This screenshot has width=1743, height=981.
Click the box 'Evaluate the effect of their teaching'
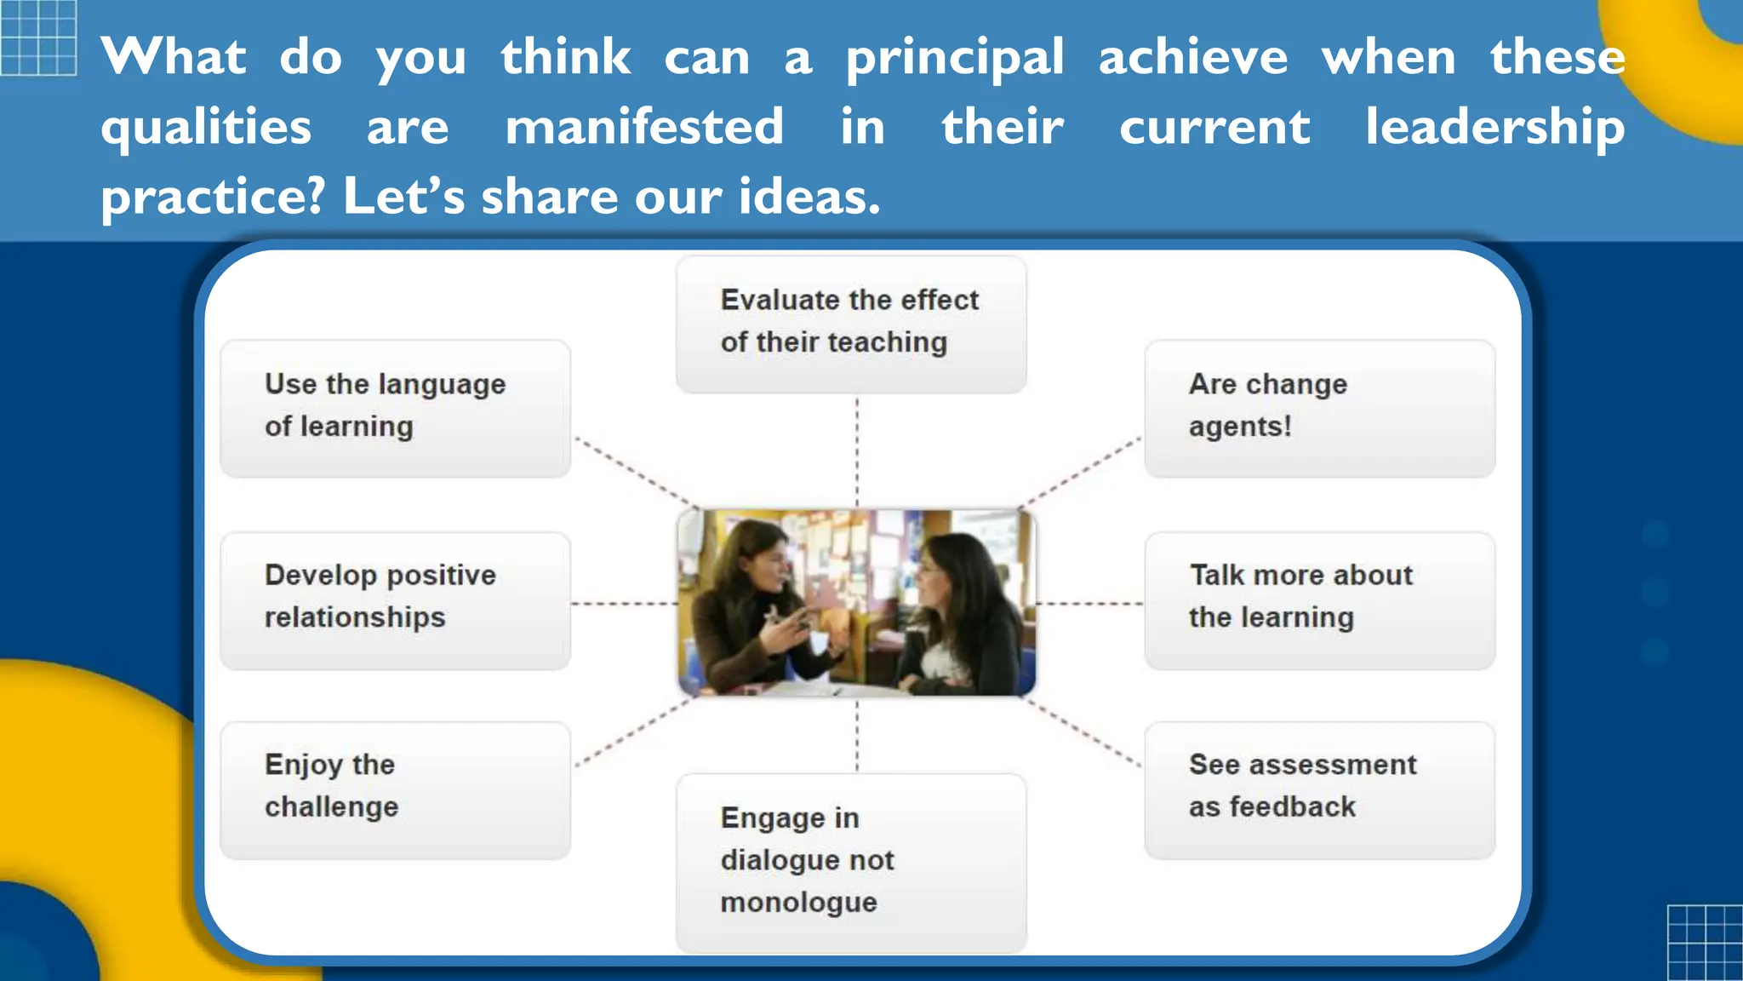tap(851, 324)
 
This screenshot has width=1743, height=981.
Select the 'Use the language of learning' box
tap(395, 408)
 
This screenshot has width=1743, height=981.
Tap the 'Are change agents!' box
tap(1319, 408)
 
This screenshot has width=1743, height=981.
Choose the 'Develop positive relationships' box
tap(395, 599)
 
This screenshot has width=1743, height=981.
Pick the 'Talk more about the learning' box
tap(1319, 599)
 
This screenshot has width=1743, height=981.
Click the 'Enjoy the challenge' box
tap(395, 789)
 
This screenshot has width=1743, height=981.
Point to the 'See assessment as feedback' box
tap(1319, 789)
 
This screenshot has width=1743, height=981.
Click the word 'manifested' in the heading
tap(644, 128)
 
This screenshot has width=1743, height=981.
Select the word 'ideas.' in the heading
tap(809, 197)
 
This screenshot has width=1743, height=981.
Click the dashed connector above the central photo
tap(857, 451)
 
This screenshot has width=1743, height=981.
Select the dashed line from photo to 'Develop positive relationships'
tap(624, 603)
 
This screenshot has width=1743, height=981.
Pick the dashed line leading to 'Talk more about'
tap(1090, 603)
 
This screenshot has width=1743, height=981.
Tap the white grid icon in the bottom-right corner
tap(1705, 943)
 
